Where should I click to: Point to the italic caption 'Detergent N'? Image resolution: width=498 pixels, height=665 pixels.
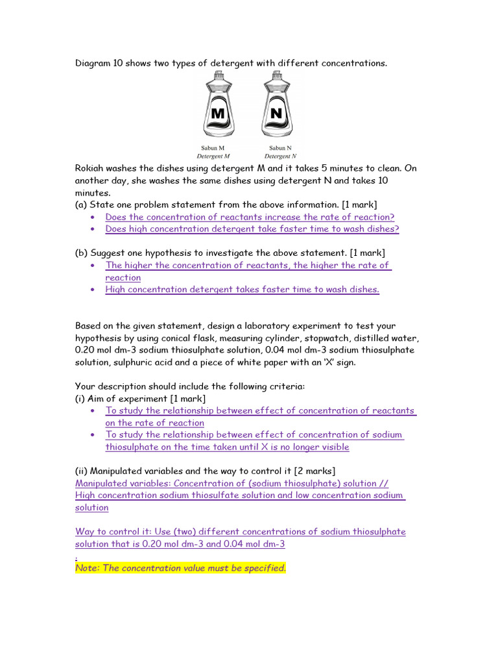[x=280, y=157]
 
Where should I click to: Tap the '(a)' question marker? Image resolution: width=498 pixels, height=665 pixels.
[x=82, y=205]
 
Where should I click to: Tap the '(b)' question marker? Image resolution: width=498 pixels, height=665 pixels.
[x=82, y=253]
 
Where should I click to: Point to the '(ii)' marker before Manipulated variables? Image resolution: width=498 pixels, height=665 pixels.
[x=82, y=471]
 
